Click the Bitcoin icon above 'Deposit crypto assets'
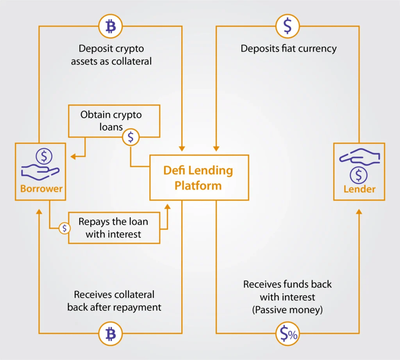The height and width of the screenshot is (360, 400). pos(111,26)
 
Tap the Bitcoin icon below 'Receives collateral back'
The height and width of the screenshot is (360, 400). pos(111,334)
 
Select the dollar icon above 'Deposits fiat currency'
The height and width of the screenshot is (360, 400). pos(287,26)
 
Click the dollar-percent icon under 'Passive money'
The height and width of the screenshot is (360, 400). pos(287,334)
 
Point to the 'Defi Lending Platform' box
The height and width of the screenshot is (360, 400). pos(199,177)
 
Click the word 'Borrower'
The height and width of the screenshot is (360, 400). pos(41,189)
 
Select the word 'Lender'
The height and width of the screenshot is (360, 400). pos(359,189)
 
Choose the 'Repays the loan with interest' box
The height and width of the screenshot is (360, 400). pos(114,227)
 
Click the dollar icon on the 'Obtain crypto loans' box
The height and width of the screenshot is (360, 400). pos(131,137)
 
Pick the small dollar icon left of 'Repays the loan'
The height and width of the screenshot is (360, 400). pos(65,228)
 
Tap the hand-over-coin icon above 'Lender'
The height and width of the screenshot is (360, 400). pos(359,165)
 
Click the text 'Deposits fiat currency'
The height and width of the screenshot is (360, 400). pos(288,48)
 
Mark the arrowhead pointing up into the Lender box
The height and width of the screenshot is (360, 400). pos(359,212)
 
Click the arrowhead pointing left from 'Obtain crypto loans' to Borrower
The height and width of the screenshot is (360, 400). pos(74,156)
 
